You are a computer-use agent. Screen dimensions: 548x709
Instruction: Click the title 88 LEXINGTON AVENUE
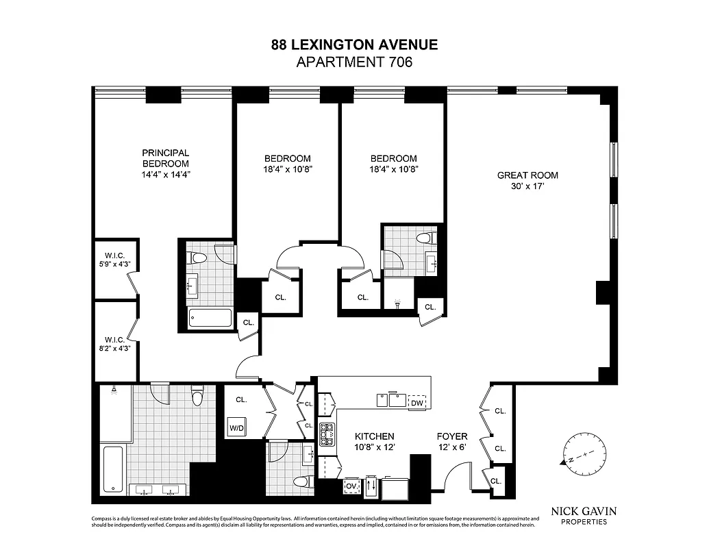(354, 45)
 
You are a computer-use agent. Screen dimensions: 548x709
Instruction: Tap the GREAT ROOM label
(528, 175)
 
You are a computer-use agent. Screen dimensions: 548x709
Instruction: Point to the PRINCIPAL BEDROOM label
(165, 158)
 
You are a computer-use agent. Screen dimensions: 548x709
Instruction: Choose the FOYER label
(452, 436)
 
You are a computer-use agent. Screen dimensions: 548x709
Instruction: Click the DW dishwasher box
(417, 402)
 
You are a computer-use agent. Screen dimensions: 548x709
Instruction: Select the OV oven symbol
(352, 486)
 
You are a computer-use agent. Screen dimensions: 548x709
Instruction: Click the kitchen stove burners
(327, 434)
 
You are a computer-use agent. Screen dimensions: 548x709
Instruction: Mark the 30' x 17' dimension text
(528, 186)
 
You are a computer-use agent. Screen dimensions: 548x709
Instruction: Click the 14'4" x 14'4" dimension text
(165, 174)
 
